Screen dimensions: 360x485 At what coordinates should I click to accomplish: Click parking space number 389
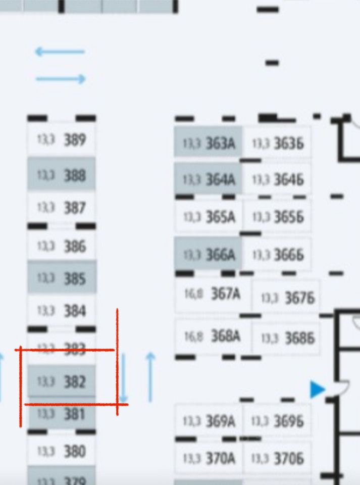point(61,140)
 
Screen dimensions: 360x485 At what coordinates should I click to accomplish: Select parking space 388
point(61,175)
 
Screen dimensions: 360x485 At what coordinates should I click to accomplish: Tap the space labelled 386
point(61,246)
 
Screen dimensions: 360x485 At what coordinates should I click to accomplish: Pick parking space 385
point(61,278)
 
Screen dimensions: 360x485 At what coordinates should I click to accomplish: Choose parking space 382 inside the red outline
point(61,381)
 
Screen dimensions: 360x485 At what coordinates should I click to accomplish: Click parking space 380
point(61,451)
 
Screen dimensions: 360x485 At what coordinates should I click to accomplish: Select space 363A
point(208,143)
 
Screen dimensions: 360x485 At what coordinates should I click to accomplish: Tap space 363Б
point(277,143)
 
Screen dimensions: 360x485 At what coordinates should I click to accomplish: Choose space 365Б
point(277,217)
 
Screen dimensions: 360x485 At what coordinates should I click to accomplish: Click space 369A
point(208,421)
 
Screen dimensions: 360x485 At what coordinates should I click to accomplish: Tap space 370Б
point(277,458)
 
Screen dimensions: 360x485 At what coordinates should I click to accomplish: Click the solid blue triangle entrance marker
point(317,390)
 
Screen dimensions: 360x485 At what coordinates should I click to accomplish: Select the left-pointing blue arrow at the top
point(60,52)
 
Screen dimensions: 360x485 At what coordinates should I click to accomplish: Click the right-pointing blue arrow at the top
point(61,79)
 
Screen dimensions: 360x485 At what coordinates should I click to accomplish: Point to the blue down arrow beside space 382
point(124,384)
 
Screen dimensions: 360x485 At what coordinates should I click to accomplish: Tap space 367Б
point(286,298)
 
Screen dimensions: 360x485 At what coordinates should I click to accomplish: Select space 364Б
point(277,179)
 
